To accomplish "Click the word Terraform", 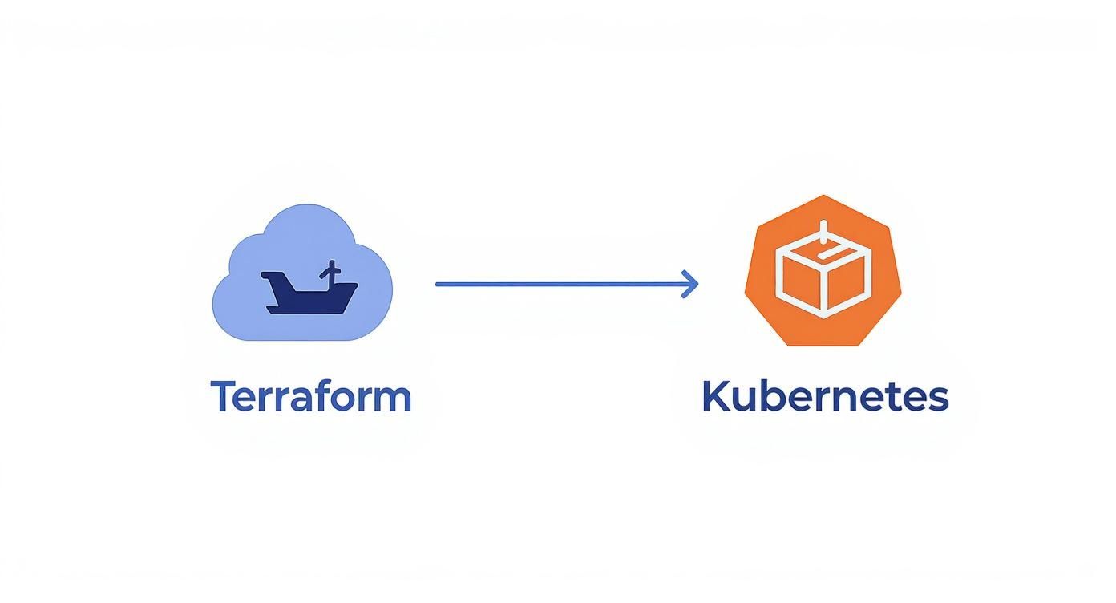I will [x=310, y=396].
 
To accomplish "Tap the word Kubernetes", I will [x=825, y=396].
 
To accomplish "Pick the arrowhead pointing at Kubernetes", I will [x=691, y=284].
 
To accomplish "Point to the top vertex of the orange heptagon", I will [x=823, y=196].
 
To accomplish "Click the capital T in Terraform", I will [x=222, y=396].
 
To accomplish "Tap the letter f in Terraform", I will [x=323, y=395].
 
